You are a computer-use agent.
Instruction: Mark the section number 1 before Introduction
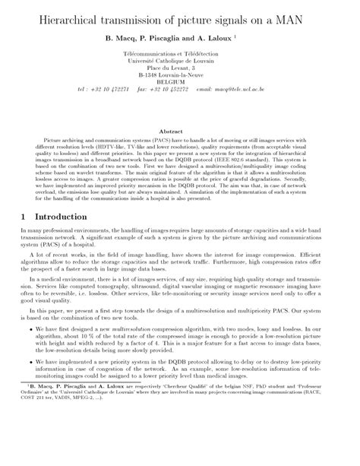pyautogui.click(x=22, y=217)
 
